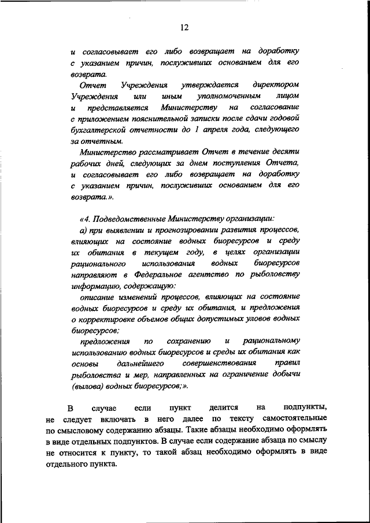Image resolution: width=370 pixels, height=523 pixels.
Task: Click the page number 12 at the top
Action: tap(184, 27)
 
